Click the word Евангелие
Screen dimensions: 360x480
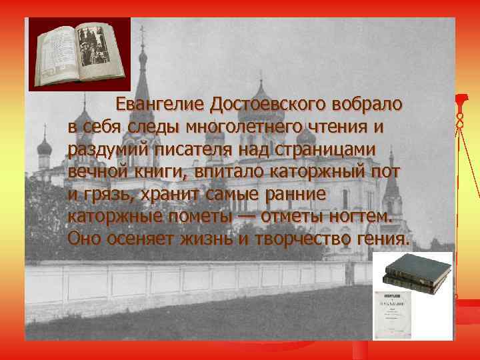159,105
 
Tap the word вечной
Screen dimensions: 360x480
95,171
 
